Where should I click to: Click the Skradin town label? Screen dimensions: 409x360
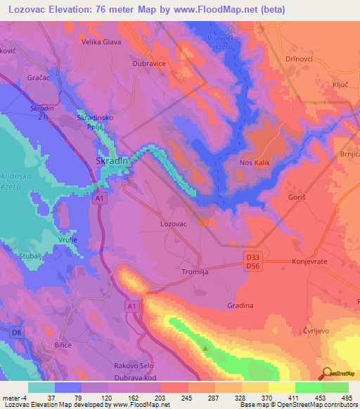pos(111,161)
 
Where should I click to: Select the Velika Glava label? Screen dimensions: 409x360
pos(102,42)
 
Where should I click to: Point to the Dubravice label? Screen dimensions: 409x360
pos(149,63)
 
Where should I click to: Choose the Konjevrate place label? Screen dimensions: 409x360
pos(309,261)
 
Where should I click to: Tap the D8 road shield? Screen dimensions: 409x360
pos(16,331)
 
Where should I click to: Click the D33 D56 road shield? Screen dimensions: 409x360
pos(253,262)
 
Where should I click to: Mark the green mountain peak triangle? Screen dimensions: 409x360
pos(205,347)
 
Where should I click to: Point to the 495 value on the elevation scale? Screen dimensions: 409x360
pos(347,398)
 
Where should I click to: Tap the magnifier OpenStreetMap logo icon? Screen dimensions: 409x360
pos(326,372)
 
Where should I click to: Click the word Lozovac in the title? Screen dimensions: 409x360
pos(26,9)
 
